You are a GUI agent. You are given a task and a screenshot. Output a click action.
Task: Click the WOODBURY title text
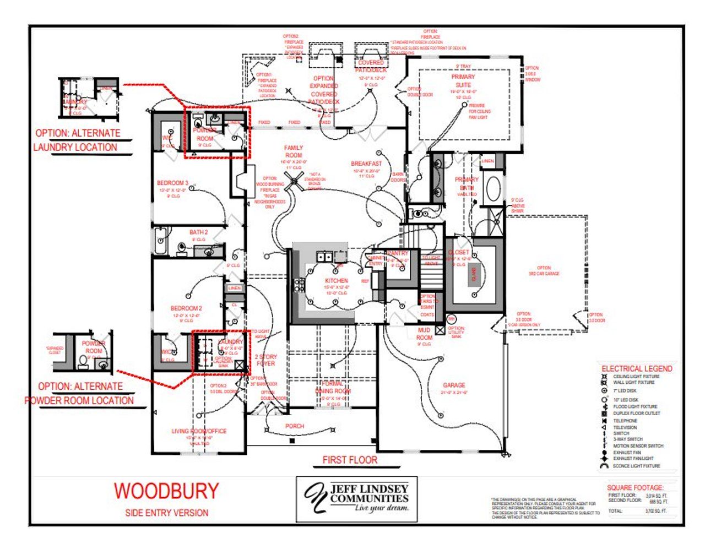coord(166,491)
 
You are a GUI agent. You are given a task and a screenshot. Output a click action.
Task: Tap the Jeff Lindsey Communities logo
coord(356,498)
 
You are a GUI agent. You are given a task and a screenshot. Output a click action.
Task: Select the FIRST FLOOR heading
coord(350,460)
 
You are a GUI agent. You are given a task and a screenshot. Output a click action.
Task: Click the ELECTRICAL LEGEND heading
coord(637,368)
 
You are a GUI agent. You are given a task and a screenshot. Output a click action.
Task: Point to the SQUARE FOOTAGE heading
coord(635,487)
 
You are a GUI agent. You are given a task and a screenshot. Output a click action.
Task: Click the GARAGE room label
coord(454,385)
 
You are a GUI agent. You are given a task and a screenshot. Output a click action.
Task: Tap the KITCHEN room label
coord(336,280)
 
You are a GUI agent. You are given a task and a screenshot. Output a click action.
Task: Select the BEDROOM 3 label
coord(172,183)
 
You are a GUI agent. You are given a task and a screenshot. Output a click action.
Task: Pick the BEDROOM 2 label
coord(186,308)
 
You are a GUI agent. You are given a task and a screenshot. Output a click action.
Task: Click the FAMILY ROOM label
coord(294,151)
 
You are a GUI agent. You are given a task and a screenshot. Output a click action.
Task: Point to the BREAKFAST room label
coord(366,164)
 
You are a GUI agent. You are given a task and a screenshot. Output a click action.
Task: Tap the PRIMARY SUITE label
coord(463,81)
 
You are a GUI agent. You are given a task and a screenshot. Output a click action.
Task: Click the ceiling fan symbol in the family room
coord(294,179)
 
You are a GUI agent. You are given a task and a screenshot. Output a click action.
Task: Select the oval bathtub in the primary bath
coord(493,189)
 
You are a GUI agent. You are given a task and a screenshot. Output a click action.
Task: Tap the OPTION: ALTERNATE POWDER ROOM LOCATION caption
coord(80,393)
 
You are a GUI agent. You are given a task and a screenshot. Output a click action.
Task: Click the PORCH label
coord(295,426)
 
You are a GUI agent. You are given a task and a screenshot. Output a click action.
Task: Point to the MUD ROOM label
coord(424,334)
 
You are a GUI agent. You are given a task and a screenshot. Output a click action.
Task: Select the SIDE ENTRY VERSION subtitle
coord(166,513)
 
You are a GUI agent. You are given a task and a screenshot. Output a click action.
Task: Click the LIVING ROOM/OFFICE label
coord(199,431)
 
